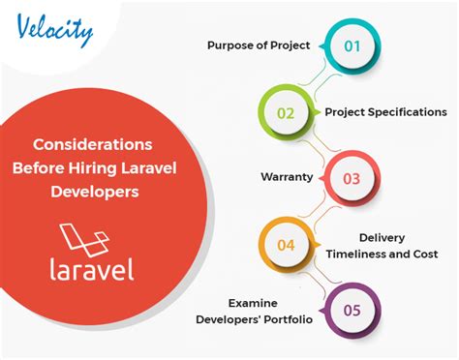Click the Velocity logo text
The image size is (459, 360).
[55, 30]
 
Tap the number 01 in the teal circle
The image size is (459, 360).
[352, 46]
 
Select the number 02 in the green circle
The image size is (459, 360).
[286, 113]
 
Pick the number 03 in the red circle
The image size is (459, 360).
[352, 179]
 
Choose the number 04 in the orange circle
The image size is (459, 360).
[286, 245]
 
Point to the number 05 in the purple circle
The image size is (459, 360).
[352, 311]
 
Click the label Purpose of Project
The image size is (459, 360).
[259, 45]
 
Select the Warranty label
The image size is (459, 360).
[287, 177]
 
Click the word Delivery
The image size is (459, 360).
[382, 238]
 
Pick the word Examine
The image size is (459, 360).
[253, 303]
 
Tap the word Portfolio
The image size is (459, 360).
[289, 319]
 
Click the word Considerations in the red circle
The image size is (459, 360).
[93, 144]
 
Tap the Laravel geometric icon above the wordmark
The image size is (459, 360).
[84, 239]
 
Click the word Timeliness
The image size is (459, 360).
[355, 254]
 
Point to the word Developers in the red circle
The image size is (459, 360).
[95, 192]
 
